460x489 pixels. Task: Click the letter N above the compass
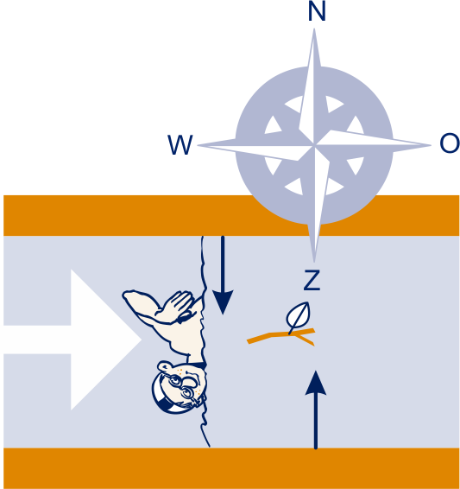tap(317, 11)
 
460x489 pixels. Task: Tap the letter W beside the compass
tap(180, 144)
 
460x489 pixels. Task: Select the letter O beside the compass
tap(450, 143)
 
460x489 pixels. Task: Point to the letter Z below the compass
tap(312, 280)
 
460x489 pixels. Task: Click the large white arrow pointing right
tap(72, 340)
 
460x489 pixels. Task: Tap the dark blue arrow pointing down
tap(223, 275)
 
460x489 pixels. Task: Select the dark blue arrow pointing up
tap(316, 410)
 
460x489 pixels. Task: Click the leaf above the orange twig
tap(298, 316)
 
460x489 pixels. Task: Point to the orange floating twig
tap(281, 336)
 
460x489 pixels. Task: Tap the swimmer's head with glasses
tap(180, 388)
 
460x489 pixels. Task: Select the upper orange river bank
tap(231, 215)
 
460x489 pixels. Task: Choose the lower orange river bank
tap(231, 468)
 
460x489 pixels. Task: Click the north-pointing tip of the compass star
tap(314, 29)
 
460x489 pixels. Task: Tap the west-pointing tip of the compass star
tap(198, 145)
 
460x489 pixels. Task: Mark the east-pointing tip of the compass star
tap(431, 144)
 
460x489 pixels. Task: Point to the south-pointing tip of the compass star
tap(314, 262)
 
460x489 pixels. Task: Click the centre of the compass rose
tap(314, 145)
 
